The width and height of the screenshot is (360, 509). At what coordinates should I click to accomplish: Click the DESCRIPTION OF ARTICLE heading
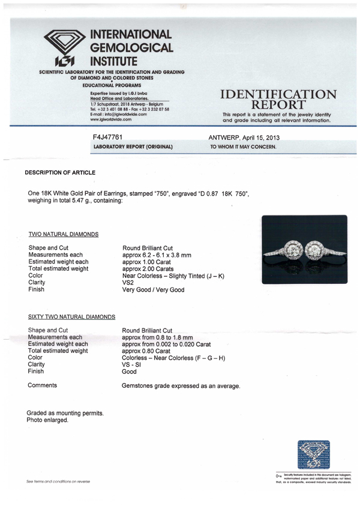click(x=60, y=173)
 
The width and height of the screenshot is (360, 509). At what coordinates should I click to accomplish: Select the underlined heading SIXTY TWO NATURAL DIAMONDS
click(x=71, y=316)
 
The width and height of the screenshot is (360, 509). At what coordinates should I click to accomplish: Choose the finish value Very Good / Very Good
click(x=153, y=290)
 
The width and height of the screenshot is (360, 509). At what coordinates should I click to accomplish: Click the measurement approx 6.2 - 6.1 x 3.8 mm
click(x=157, y=255)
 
